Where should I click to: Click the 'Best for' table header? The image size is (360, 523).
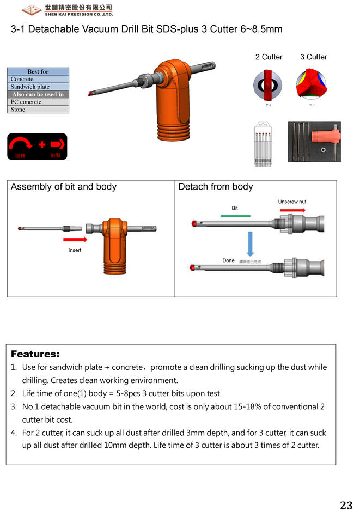38,71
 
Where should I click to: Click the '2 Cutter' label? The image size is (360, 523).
269,57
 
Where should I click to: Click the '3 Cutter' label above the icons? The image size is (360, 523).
313,57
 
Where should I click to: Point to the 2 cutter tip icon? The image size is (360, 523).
267,85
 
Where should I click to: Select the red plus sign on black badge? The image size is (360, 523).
42,145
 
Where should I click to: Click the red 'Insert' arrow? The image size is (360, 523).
75,239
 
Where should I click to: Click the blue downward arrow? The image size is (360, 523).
249,243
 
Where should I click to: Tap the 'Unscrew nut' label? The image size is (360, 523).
292,202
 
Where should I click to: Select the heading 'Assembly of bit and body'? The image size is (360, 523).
64,187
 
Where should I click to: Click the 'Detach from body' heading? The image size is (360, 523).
216,187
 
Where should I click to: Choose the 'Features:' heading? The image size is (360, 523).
35,354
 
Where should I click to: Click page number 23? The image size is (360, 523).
346,506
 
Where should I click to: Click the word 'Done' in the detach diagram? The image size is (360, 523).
228,260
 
